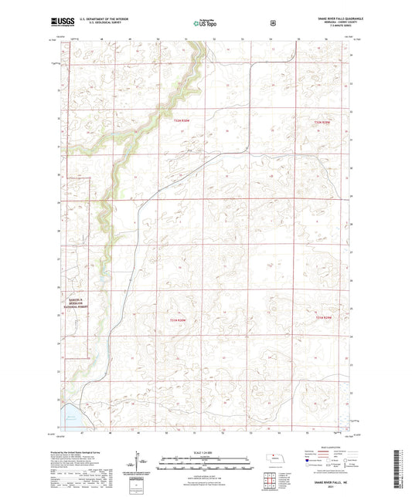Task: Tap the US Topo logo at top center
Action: point(203,24)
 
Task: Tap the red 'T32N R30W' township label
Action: point(182,120)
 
